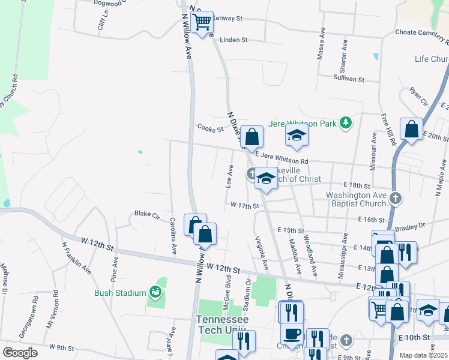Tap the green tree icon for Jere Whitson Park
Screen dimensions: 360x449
(x=346, y=123)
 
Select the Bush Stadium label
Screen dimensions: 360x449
(x=120, y=293)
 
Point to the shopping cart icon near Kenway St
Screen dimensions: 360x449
(x=203, y=22)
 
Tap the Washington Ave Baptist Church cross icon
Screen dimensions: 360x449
(x=395, y=197)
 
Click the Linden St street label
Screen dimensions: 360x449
(x=234, y=40)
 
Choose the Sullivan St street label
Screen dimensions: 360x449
(x=349, y=79)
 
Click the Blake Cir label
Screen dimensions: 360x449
(x=146, y=214)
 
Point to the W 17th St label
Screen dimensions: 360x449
(x=244, y=205)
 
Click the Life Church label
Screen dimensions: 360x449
(x=432, y=59)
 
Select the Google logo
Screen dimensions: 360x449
(x=20, y=353)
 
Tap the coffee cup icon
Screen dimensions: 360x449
(x=292, y=333)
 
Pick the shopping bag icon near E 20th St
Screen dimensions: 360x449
(x=412, y=129)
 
